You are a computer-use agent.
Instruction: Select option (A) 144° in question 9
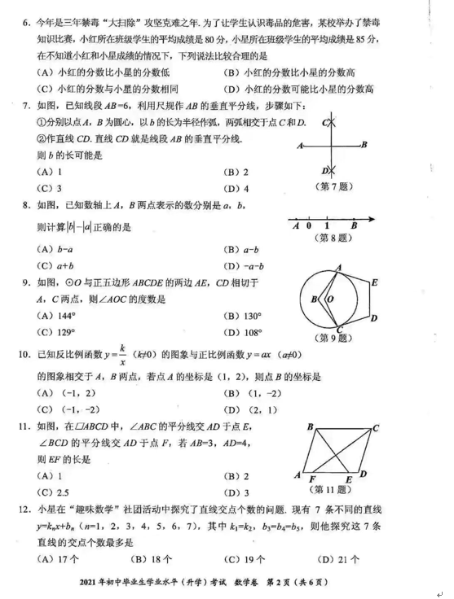[x=58, y=316]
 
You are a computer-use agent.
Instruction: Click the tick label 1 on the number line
[x=327, y=226]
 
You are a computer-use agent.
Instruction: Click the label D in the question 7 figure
[x=324, y=171]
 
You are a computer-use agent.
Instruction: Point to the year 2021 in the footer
[x=90, y=583]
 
